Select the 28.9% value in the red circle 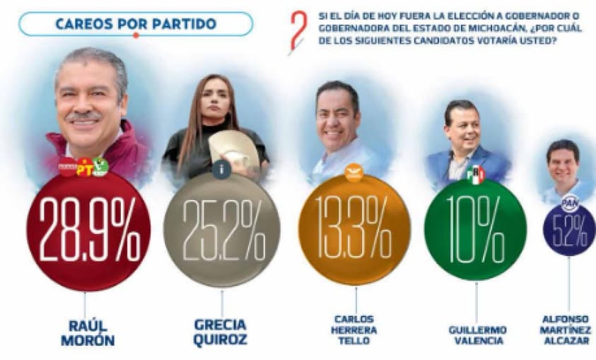[x=89, y=231]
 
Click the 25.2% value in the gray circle [x=222, y=231]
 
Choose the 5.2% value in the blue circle [x=570, y=229]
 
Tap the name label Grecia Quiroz [x=221, y=332]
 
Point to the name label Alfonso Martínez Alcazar [x=569, y=330]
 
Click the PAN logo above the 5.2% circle [x=570, y=203]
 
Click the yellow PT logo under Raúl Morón [x=85, y=168]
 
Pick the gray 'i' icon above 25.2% [x=221, y=170]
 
